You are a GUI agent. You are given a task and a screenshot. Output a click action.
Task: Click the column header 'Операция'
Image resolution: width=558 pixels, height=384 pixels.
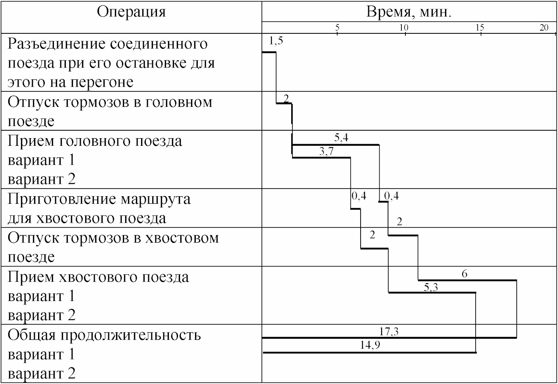click(x=131, y=12)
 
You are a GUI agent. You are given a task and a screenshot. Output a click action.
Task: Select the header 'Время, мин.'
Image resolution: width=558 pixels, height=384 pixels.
click(x=409, y=12)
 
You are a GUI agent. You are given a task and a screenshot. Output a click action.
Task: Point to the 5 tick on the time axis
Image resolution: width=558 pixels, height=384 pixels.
click(x=337, y=28)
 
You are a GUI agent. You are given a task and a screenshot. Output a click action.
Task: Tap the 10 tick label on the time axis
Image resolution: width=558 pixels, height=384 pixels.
click(x=403, y=28)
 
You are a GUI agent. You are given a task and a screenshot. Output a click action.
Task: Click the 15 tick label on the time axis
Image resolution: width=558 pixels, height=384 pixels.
click(x=480, y=28)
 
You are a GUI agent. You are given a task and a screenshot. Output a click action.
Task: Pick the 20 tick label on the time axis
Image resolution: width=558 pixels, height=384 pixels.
click(x=544, y=28)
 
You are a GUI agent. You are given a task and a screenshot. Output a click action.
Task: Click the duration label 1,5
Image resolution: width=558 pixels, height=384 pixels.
click(x=276, y=41)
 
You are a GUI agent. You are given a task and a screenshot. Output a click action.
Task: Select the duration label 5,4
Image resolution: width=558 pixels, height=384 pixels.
click(x=341, y=138)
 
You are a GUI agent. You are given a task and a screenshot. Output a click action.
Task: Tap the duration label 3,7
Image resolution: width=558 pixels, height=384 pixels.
click(x=326, y=151)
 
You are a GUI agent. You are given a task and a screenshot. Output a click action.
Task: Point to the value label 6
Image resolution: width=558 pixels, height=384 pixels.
click(x=464, y=274)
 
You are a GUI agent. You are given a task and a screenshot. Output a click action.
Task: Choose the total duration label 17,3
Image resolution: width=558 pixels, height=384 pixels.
click(x=389, y=331)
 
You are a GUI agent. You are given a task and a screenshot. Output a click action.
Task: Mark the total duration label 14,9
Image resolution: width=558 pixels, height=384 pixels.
click(x=370, y=345)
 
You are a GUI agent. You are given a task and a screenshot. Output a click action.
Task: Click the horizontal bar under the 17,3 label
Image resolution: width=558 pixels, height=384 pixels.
click(x=388, y=338)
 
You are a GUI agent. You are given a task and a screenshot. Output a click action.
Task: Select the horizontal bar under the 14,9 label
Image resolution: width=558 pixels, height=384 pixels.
click(x=369, y=352)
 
